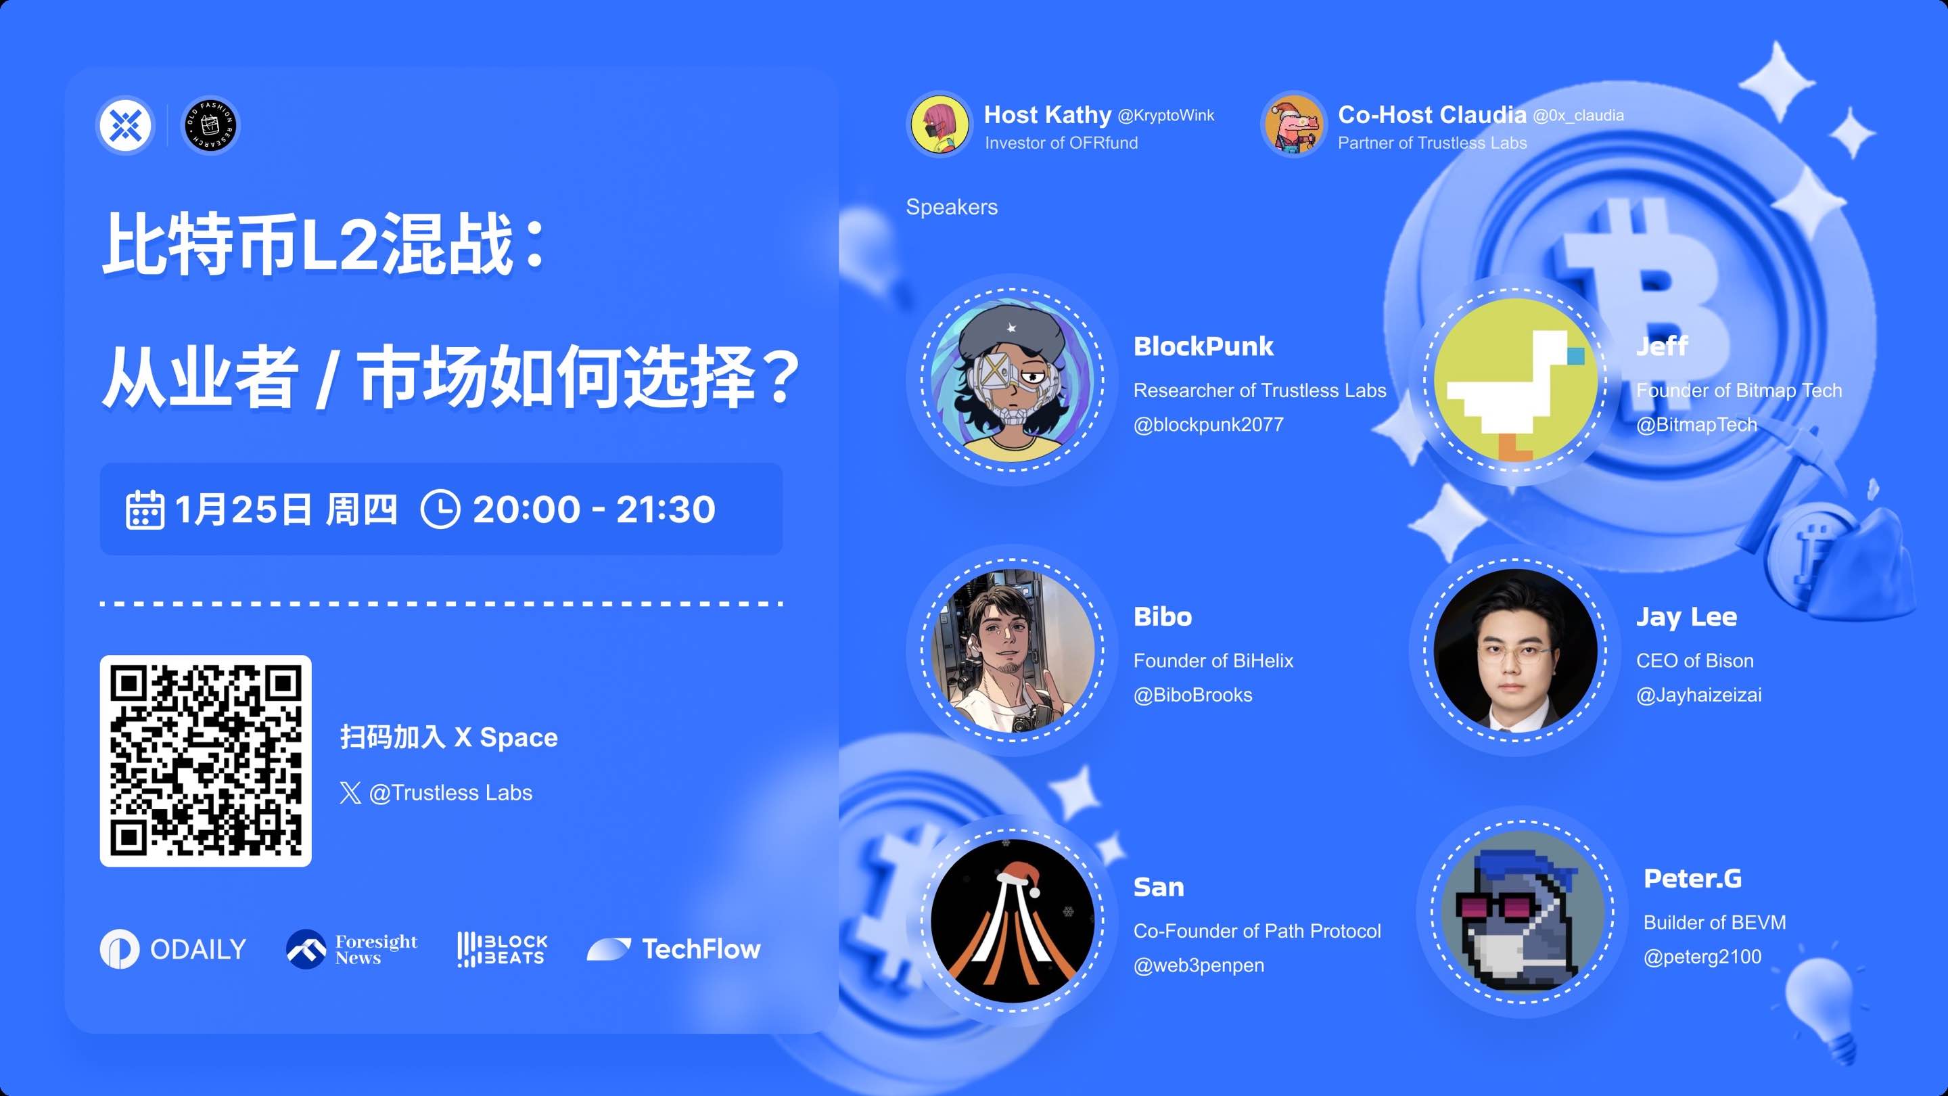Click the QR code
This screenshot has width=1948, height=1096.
(205, 760)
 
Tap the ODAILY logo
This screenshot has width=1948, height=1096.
(173, 949)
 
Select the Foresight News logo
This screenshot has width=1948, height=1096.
(352, 949)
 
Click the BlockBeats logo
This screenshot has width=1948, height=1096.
(501, 949)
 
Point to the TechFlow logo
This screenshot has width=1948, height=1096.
(674, 949)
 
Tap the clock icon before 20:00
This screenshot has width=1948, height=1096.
(440, 509)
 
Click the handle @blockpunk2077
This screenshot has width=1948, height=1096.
(1207, 424)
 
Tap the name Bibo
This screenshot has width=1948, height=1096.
(1162, 616)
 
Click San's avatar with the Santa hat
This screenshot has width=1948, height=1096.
(1013, 920)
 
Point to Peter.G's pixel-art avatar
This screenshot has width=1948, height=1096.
(1523, 912)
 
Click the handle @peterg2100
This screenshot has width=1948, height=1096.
(1702, 956)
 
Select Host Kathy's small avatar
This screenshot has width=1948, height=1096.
(940, 124)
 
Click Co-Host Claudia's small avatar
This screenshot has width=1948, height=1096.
(1294, 124)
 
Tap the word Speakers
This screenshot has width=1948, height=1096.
(951, 206)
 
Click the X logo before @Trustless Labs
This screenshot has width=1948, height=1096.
(350, 793)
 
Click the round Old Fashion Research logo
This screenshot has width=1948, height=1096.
(211, 124)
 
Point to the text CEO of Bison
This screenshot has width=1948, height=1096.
(1694, 660)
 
